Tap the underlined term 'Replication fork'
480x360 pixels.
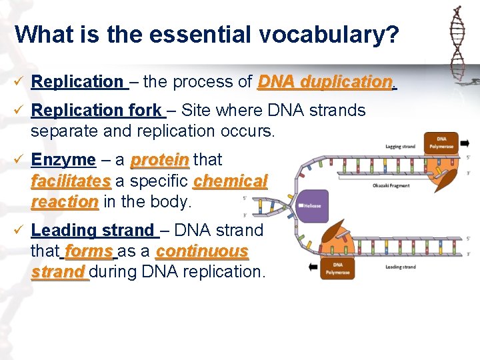click(x=96, y=110)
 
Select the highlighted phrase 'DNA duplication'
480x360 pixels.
click(x=325, y=82)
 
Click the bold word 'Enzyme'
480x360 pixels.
click(x=63, y=160)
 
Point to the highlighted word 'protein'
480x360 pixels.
click(x=160, y=160)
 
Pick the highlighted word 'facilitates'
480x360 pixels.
click(x=71, y=181)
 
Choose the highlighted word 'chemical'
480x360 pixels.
click(x=230, y=181)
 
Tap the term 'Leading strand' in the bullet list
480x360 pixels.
click(x=93, y=231)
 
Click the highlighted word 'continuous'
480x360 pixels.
click(x=201, y=251)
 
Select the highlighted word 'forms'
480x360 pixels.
click(x=89, y=251)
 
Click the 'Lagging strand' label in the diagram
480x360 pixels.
click(x=400, y=147)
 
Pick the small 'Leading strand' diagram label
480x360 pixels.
click(x=400, y=267)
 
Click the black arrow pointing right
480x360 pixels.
click(x=464, y=143)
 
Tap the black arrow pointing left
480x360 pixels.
click(x=313, y=267)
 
